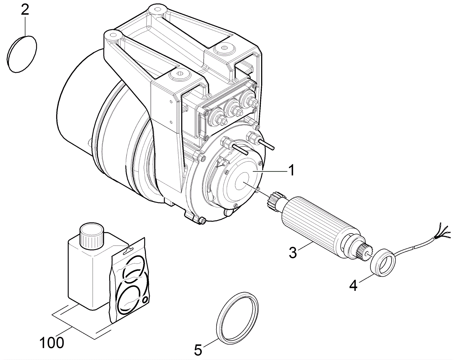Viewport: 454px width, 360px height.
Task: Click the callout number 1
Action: (291, 171)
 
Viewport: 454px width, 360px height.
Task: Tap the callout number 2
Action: (25, 10)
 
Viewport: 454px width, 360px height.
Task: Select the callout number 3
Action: (293, 252)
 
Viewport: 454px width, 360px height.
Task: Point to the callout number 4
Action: (353, 286)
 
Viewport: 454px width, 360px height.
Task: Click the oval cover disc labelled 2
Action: (22, 54)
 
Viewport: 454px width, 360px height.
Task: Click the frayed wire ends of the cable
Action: (444, 231)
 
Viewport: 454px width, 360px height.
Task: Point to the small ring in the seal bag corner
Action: (146, 300)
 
